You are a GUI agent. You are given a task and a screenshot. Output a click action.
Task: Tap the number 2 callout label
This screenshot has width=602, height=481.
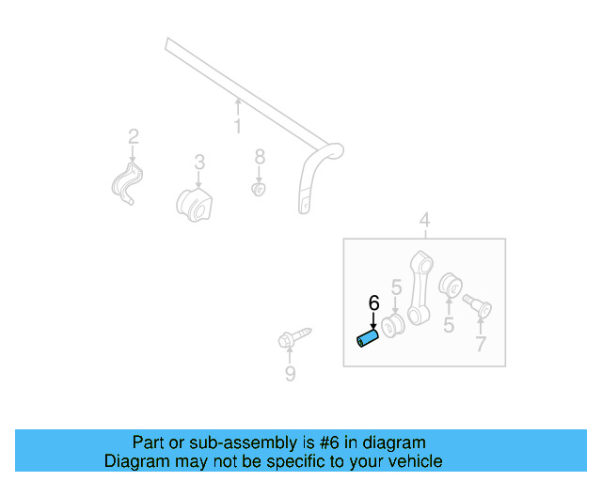(x=133, y=136)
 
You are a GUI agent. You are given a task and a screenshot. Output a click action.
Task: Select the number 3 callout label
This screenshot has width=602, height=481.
(x=199, y=163)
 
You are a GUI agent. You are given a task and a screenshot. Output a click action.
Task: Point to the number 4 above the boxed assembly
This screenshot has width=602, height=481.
(x=424, y=221)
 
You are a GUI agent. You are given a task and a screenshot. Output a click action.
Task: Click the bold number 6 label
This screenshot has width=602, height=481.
(x=373, y=303)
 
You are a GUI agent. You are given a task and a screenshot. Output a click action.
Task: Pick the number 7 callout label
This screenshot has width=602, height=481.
(x=481, y=345)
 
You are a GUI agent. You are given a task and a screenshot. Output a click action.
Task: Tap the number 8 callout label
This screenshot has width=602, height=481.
(x=260, y=155)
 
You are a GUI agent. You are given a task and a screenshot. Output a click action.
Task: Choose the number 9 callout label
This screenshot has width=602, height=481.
(x=290, y=375)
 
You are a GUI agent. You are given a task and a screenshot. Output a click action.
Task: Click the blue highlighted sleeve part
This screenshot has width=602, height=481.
(x=367, y=336)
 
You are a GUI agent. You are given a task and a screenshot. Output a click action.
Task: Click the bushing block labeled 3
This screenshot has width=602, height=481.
(x=195, y=203)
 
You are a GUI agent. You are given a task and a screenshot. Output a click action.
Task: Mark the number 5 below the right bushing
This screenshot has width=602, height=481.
(x=449, y=325)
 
